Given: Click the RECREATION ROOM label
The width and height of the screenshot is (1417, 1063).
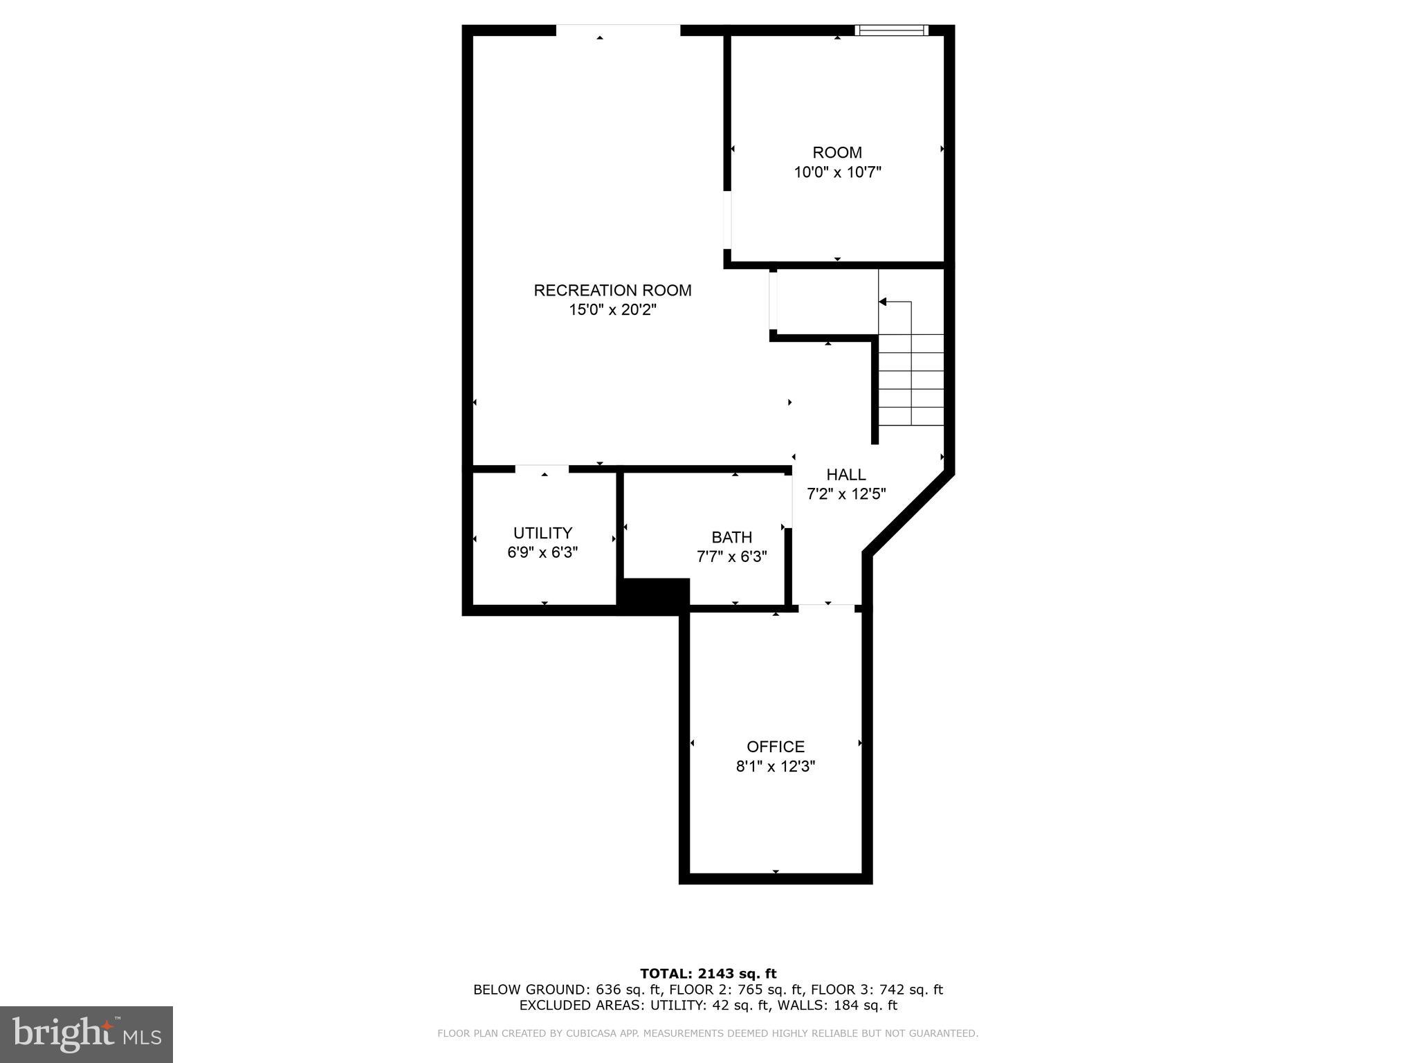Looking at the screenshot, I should coord(612,290).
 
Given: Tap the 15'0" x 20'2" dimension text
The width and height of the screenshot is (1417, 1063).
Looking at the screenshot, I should coord(612,310).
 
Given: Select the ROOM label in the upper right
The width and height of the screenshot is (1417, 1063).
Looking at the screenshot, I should coord(837,152).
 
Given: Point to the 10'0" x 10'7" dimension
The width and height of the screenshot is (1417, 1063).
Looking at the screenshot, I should coord(837,172).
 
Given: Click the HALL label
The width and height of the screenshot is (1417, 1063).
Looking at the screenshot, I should coord(846,475).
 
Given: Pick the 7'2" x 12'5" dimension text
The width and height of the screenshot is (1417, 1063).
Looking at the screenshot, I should coord(846,494).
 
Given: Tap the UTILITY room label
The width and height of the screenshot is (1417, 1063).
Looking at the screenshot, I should coord(542,533).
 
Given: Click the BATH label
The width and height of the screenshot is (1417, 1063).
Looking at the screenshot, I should coord(731,537).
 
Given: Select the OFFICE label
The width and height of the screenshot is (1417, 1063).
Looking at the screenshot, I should coord(776,747).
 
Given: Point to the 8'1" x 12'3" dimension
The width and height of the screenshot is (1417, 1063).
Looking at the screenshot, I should coord(776,767).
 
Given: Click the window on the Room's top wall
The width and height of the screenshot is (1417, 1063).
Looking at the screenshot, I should coord(891,30).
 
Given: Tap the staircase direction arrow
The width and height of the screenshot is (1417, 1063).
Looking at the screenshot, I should coord(884,302).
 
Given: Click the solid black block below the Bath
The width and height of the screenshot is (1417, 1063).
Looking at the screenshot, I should coord(654,595).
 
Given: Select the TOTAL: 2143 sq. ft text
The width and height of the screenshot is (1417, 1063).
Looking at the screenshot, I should coord(708,974).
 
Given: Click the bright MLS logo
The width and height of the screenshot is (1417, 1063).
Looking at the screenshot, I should coord(86,1034).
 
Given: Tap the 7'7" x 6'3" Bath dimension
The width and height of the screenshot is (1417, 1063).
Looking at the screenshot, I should coord(731,556).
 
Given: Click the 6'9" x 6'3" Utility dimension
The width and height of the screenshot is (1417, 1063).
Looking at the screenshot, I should coord(542,552).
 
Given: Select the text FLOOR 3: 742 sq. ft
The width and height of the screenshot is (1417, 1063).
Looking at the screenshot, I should coord(877,990).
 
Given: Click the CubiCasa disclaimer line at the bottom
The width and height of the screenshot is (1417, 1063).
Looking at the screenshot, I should coord(708,1033).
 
